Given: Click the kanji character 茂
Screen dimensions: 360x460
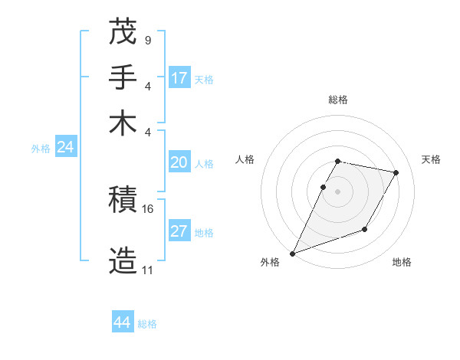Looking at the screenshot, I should pos(123,31).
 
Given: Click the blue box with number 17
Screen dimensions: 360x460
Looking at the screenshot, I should pos(179,78).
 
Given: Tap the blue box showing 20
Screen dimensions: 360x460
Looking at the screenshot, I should pos(179,162).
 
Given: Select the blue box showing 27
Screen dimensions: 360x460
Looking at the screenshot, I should pos(179,231).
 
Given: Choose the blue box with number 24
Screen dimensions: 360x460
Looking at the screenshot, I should pos(65,147).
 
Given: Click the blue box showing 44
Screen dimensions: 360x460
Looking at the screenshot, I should pos(122,322).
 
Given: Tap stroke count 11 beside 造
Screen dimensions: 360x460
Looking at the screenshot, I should pos(147,270).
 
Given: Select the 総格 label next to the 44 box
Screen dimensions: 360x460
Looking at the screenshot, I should pos(147,324).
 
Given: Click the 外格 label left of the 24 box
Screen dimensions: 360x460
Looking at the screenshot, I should pos(41,149).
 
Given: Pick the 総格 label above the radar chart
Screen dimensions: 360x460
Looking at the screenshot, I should pos(337,100).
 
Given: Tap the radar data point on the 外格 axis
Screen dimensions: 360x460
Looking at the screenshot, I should pos(292,254).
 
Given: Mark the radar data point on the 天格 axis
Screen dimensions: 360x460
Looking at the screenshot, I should pos(396,172).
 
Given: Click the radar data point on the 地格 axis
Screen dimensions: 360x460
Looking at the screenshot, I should pos(365,229).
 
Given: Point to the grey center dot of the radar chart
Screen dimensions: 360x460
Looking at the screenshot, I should pos(337,191).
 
